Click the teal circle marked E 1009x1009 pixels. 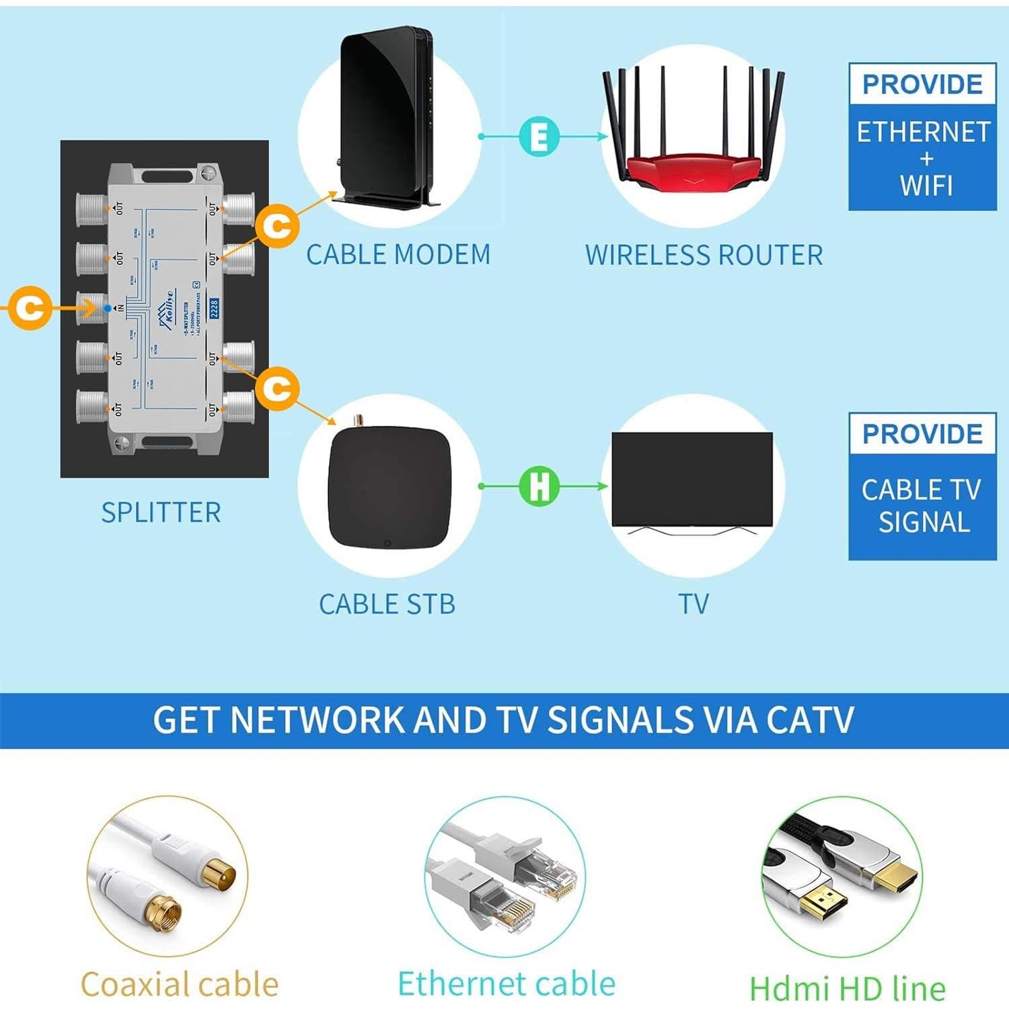[539, 137]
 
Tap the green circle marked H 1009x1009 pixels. [539, 486]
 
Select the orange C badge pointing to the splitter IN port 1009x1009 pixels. [28, 308]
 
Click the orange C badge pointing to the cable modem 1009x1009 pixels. [276, 227]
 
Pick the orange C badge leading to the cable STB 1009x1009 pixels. [276, 388]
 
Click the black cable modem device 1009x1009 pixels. [385, 114]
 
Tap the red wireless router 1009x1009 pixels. [693, 165]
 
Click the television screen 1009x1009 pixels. [692, 479]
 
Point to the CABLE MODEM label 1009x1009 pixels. [398, 255]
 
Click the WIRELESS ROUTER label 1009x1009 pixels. [704, 256]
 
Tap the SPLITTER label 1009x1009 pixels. [161, 513]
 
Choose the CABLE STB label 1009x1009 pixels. [387, 604]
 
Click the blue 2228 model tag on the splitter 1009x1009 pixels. [215, 308]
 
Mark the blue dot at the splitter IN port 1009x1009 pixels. [108, 308]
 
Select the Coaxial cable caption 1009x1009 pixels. [179, 985]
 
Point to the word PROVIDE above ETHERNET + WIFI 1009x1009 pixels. [922, 85]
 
